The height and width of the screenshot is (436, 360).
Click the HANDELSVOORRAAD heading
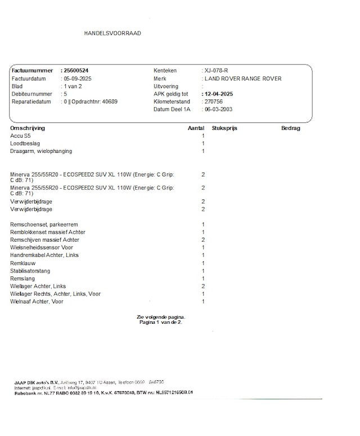click(112, 33)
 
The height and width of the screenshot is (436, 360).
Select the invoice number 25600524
click(76, 71)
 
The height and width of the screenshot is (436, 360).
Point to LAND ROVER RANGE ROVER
click(243, 79)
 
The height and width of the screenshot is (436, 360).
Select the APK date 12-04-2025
click(219, 94)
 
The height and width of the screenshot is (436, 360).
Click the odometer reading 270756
click(214, 102)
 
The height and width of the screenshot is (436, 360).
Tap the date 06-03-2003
click(219, 110)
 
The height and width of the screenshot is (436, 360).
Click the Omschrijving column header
click(28, 128)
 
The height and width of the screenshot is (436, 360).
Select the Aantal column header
click(195, 128)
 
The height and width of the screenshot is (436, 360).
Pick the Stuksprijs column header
click(224, 128)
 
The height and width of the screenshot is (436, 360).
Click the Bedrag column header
click(290, 128)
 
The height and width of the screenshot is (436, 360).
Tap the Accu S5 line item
click(21, 136)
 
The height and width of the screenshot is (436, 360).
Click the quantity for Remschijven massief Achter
click(203, 240)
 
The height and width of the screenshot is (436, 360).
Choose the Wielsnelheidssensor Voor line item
click(42, 247)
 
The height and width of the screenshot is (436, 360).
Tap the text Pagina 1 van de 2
click(161, 323)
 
